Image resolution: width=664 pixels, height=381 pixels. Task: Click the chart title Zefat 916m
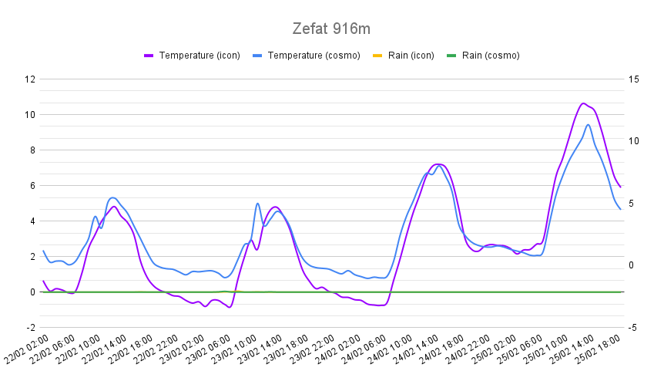(331, 29)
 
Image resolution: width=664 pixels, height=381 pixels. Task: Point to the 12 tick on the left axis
(31, 79)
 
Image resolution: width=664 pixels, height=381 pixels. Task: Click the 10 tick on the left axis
(31, 115)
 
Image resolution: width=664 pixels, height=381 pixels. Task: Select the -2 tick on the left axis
(31, 328)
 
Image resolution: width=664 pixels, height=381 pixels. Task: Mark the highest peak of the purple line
(583, 103)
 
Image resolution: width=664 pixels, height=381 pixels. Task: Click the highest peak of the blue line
(589, 125)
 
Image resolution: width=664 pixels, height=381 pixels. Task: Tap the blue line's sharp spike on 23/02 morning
(258, 204)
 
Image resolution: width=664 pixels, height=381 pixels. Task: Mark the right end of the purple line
(620, 187)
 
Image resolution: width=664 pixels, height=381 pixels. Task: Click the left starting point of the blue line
(43, 251)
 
